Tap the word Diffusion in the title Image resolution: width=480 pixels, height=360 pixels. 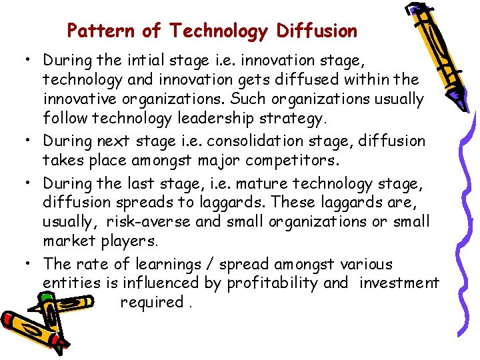coord(317,31)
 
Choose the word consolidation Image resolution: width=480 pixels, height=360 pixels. coord(251,141)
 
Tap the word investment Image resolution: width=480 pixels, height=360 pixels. coord(399,283)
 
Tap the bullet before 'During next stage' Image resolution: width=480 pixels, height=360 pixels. coord(31,140)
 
